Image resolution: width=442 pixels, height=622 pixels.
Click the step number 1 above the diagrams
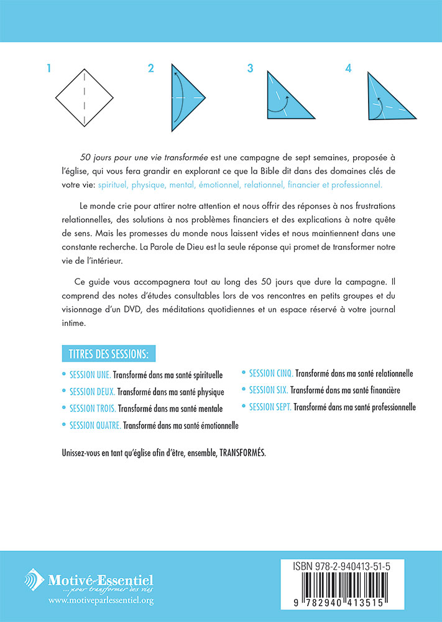click(48, 68)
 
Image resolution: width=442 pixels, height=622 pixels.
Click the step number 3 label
click(250, 68)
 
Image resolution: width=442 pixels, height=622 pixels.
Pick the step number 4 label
click(348, 68)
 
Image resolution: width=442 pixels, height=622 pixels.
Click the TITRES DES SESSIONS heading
click(109, 355)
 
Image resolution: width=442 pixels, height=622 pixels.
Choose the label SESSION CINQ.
click(270, 374)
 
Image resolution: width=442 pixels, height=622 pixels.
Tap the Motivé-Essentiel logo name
click(101, 581)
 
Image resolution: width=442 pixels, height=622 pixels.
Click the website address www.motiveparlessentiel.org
click(100, 601)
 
